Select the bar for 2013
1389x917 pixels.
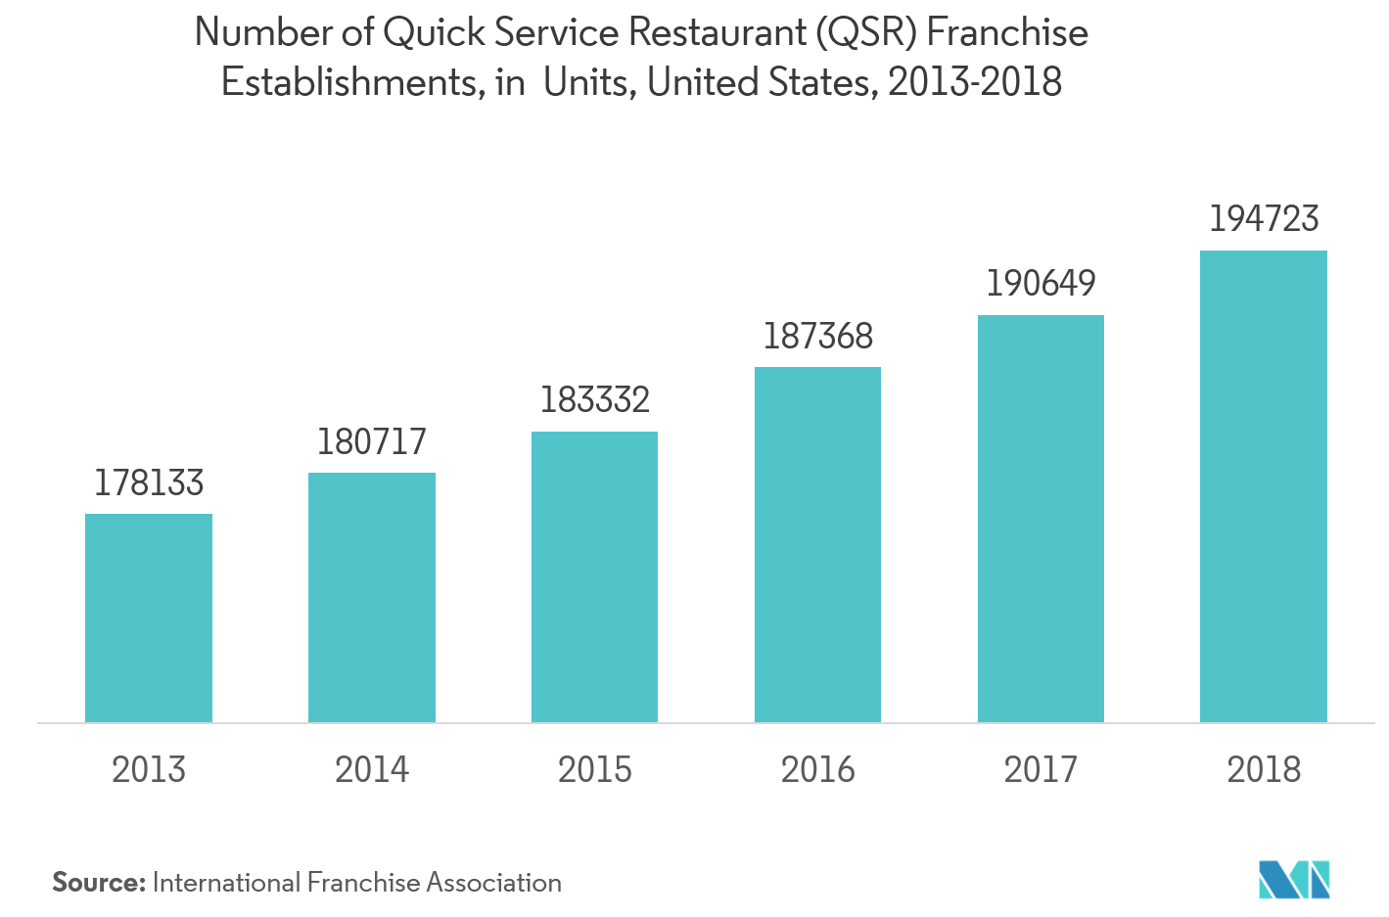click(149, 619)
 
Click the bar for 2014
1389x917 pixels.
click(372, 598)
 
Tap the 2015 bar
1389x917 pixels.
click(594, 577)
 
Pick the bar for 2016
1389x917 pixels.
click(817, 545)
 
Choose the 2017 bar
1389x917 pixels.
click(1041, 519)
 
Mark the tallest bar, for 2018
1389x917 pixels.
click(1264, 486)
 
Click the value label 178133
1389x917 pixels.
click(149, 483)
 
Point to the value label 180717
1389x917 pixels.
click(372, 442)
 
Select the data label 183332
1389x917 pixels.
click(595, 400)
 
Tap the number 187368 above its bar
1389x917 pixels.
click(818, 337)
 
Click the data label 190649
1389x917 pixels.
click(1041, 284)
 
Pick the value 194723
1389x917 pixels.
click(1264, 219)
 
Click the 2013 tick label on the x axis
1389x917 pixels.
click(149, 770)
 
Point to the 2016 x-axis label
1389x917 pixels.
click(818, 770)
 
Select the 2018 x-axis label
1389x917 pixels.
click(1264, 770)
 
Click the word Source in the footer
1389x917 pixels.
click(97, 883)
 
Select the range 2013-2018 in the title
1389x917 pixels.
click(974, 82)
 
